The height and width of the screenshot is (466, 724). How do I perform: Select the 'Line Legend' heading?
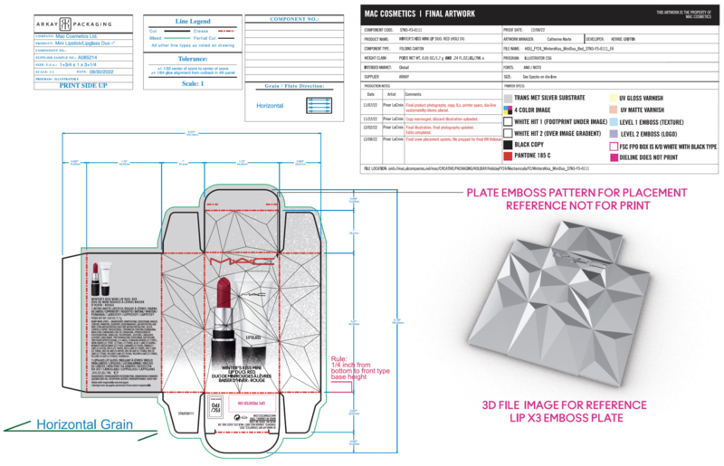[x=192, y=20]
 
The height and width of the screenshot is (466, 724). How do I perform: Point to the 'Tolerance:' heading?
[x=192, y=57]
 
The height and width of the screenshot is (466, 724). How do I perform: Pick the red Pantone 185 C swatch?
[x=507, y=155]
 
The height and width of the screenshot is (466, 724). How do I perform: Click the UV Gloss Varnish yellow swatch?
[x=600, y=95]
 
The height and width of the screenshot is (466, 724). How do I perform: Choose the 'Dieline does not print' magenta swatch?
[x=600, y=155]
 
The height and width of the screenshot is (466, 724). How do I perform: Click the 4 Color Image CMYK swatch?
[x=507, y=107]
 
